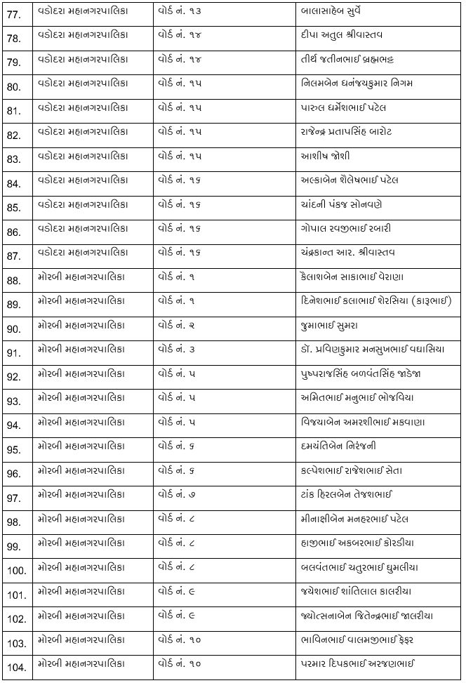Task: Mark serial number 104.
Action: (15, 665)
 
